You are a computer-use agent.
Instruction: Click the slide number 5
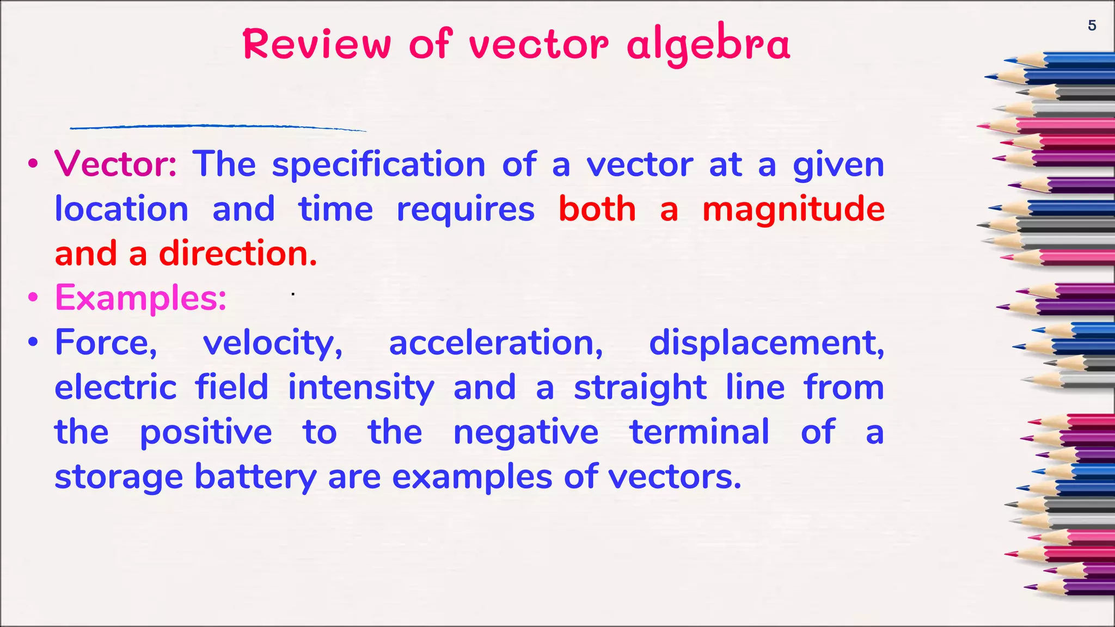[1092, 26]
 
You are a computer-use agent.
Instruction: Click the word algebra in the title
[708, 45]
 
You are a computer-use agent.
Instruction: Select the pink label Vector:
[115, 164]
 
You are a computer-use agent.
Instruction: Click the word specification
[378, 165]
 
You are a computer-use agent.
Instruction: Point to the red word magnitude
[793, 210]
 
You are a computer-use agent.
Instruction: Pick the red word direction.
[238, 254]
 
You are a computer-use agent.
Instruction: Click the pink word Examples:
[140, 298]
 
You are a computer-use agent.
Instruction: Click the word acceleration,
[496, 343]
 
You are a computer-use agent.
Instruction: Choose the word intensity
[361, 388]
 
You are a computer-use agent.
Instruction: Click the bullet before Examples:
[34, 298]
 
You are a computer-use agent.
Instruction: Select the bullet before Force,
[34, 343]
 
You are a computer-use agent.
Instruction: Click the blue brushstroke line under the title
[218, 127]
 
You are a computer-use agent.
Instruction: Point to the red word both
[597, 209]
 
